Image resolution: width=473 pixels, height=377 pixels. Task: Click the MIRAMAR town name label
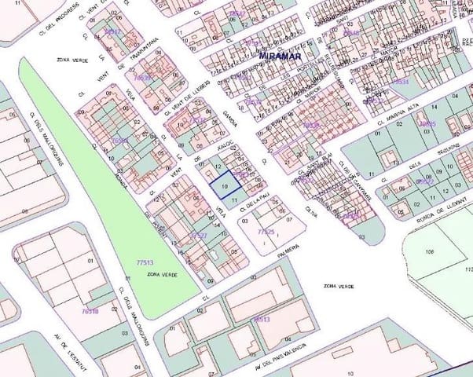281,56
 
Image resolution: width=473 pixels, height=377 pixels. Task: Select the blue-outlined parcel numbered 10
226,185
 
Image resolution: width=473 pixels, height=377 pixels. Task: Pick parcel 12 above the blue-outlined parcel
218,167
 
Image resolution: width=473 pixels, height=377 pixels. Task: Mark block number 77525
266,232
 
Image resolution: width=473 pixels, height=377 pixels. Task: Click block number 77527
199,235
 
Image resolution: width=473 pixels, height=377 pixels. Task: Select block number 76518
90,311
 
